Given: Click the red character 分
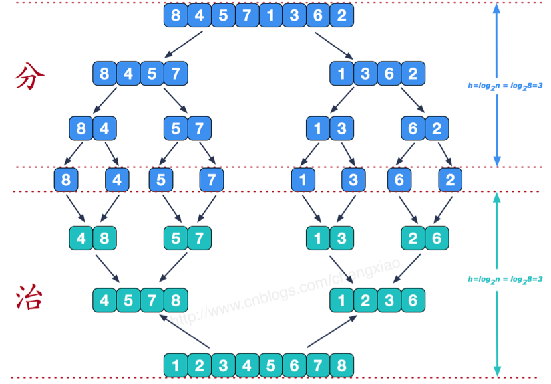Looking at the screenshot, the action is [x=30, y=76].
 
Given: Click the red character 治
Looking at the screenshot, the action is [x=29, y=297].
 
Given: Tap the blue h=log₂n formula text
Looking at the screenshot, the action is [x=505, y=86].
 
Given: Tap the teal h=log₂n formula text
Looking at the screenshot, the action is [x=505, y=280].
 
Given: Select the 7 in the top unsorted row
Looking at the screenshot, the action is [x=247, y=15].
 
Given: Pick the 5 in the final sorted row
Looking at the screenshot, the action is [x=271, y=365].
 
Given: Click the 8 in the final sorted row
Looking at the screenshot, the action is [x=342, y=365].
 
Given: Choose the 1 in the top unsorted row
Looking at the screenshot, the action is [x=271, y=15].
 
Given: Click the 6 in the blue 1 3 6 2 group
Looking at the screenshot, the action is [x=389, y=74].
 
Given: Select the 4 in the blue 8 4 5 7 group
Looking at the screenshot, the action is [x=128, y=74].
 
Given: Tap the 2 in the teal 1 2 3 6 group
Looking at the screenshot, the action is [x=365, y=300].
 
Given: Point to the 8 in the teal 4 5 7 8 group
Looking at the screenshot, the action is [x=176, y=300].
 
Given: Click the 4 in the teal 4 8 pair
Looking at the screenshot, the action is [x=81, y=238].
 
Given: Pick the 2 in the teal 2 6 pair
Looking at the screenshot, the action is [x=413, y=238].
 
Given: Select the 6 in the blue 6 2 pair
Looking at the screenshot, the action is [x=413, y=128].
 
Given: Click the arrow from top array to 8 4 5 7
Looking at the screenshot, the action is [x=184, y=45].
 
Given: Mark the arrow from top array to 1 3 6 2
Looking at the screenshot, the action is [x=334, y=46].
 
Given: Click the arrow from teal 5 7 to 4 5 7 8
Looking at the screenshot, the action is [x=173, y=267].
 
